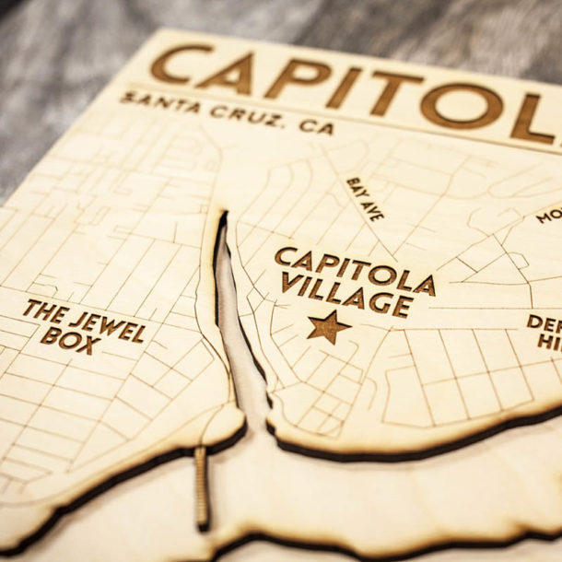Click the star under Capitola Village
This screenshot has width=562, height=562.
[329, 326]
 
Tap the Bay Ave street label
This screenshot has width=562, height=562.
[365, 199]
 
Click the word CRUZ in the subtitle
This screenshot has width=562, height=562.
[243, 114]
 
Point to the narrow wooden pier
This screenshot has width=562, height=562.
[201, 487]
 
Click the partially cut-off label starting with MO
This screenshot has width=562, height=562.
[549, 216]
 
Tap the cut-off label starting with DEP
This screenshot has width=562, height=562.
[544, 331]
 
